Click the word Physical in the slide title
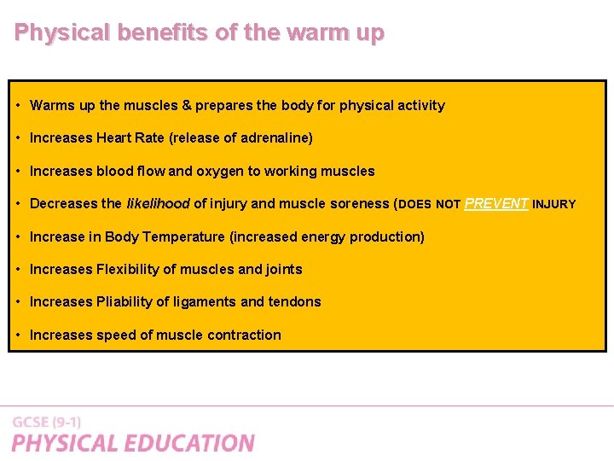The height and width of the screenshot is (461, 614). (x=62, y=33)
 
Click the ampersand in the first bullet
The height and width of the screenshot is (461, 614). (x=186, y=106)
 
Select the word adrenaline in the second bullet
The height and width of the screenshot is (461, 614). (x=276, y=138)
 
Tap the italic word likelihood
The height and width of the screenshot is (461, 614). (x=158, y=204)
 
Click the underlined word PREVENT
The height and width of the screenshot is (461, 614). (x=496, y=204)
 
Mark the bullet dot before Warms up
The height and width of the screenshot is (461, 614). (x=18, y=106)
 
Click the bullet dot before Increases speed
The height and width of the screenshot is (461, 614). (x=18, y=335)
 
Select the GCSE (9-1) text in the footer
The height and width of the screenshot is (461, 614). (x=47, y=423)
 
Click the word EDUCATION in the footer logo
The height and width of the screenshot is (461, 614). (x=188, y=443)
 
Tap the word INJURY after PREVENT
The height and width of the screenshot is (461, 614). (x=554, y=205)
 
